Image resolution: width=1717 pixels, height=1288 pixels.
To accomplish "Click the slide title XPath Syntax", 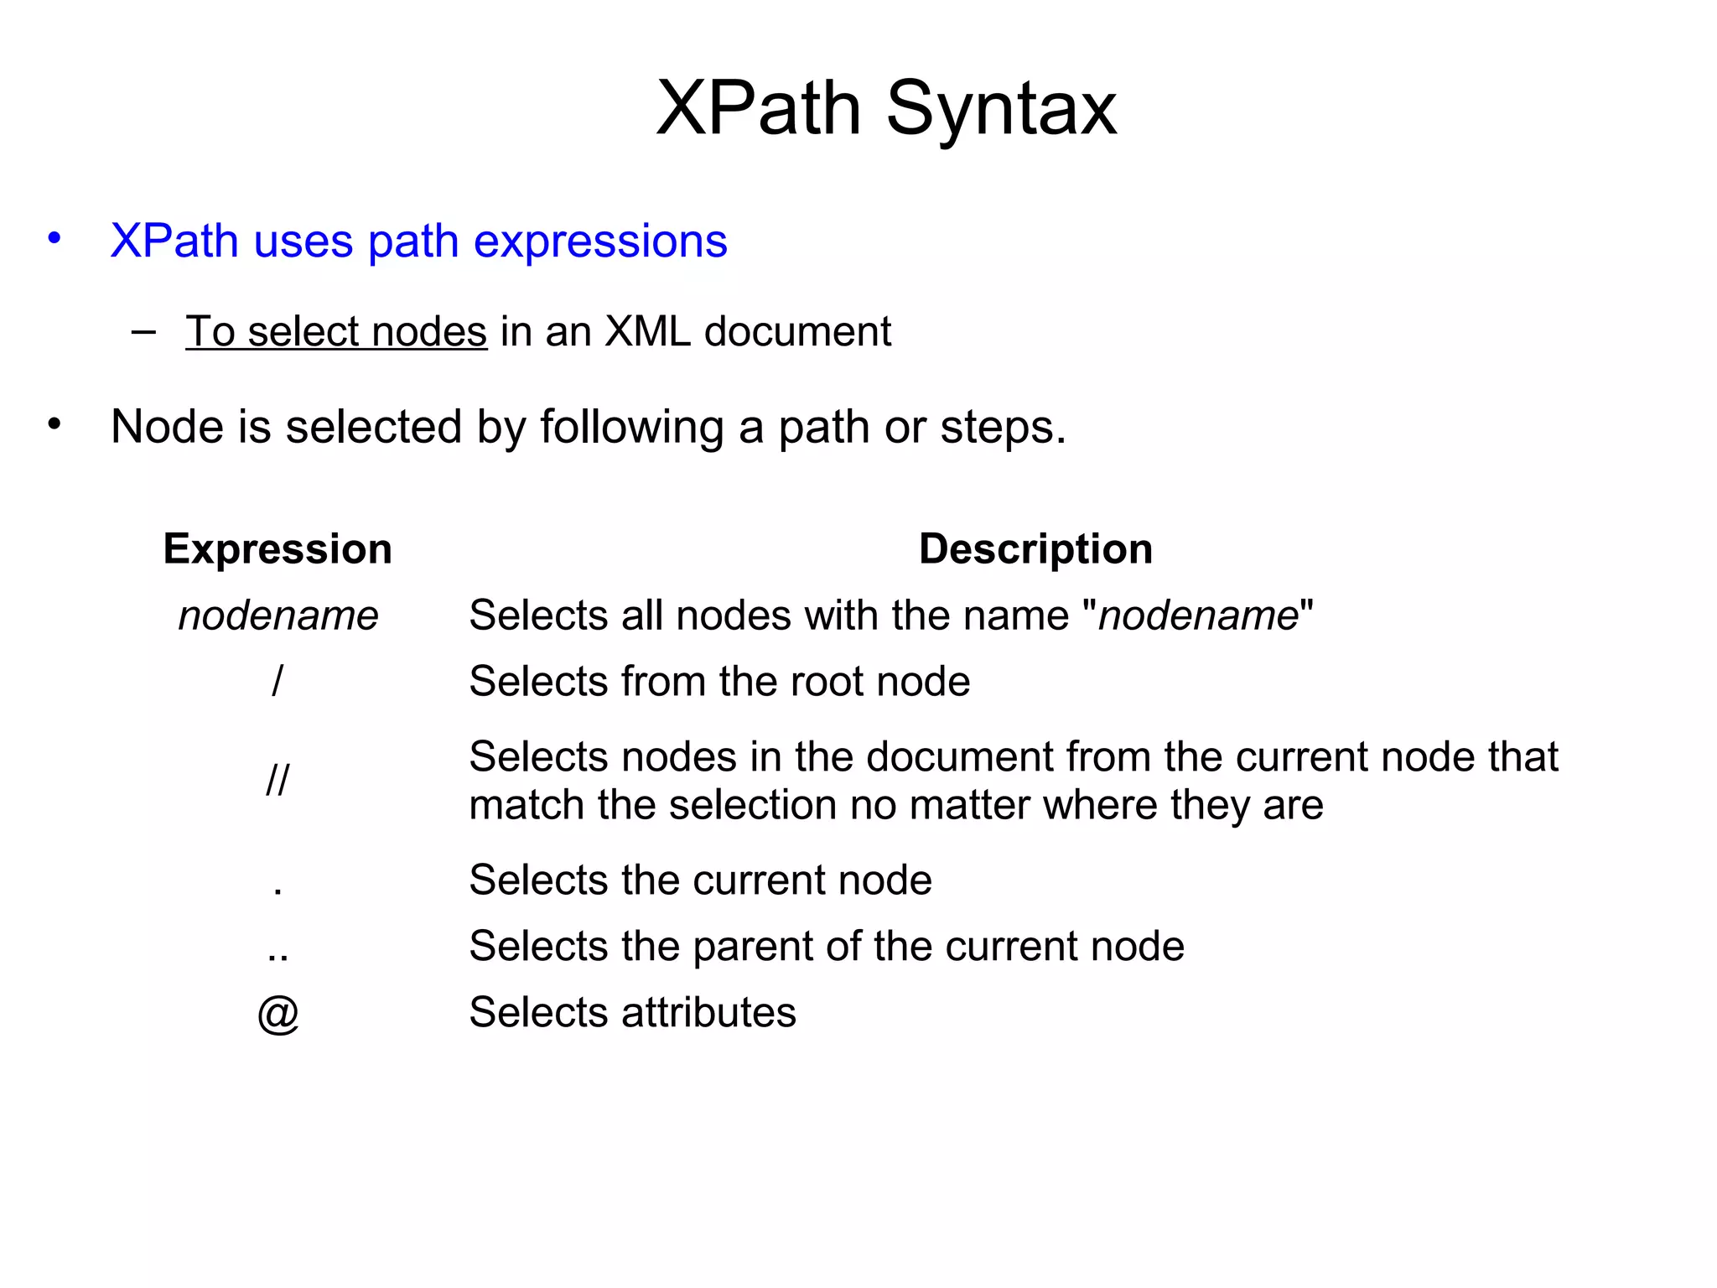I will click(886, 108).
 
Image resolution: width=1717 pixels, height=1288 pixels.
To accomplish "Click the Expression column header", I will click(278, 549).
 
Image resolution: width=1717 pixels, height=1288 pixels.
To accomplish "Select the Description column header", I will click(1035, 549).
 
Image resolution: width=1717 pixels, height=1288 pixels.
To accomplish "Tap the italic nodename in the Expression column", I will click(278, 615).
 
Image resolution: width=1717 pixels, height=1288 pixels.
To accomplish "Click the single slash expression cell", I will click(278, 680).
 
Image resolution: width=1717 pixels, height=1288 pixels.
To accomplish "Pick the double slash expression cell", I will click(278, 780).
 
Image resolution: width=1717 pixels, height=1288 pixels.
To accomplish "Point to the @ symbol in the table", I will click(278, 1013).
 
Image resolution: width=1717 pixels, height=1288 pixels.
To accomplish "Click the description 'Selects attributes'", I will click(632, 1012).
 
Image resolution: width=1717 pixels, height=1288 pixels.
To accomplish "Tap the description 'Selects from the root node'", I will click(719, 681).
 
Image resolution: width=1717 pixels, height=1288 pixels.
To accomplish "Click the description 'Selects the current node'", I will click(700, 880).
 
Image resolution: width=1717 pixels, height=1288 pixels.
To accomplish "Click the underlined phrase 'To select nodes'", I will click(336, 331).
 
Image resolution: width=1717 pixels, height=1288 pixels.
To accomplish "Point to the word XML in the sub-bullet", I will click(648, 331).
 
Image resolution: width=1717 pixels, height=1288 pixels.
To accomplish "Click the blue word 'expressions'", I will click(600, 242).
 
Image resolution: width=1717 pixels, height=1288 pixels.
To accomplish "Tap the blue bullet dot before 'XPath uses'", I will click(54, 238).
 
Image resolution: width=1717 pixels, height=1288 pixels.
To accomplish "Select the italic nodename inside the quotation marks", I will click(1198, 615).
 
